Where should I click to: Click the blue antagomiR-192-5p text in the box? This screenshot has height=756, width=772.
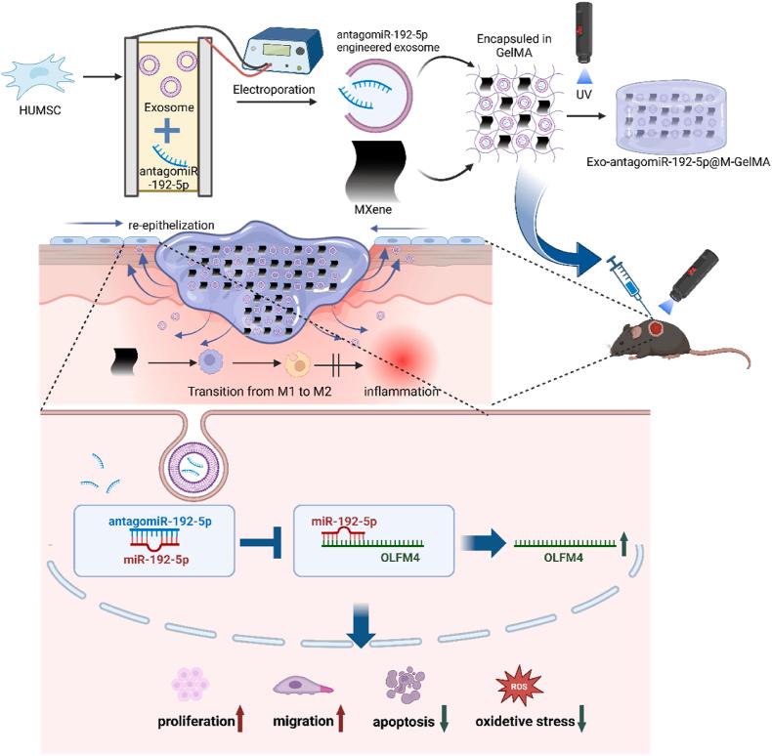(160, 522)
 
